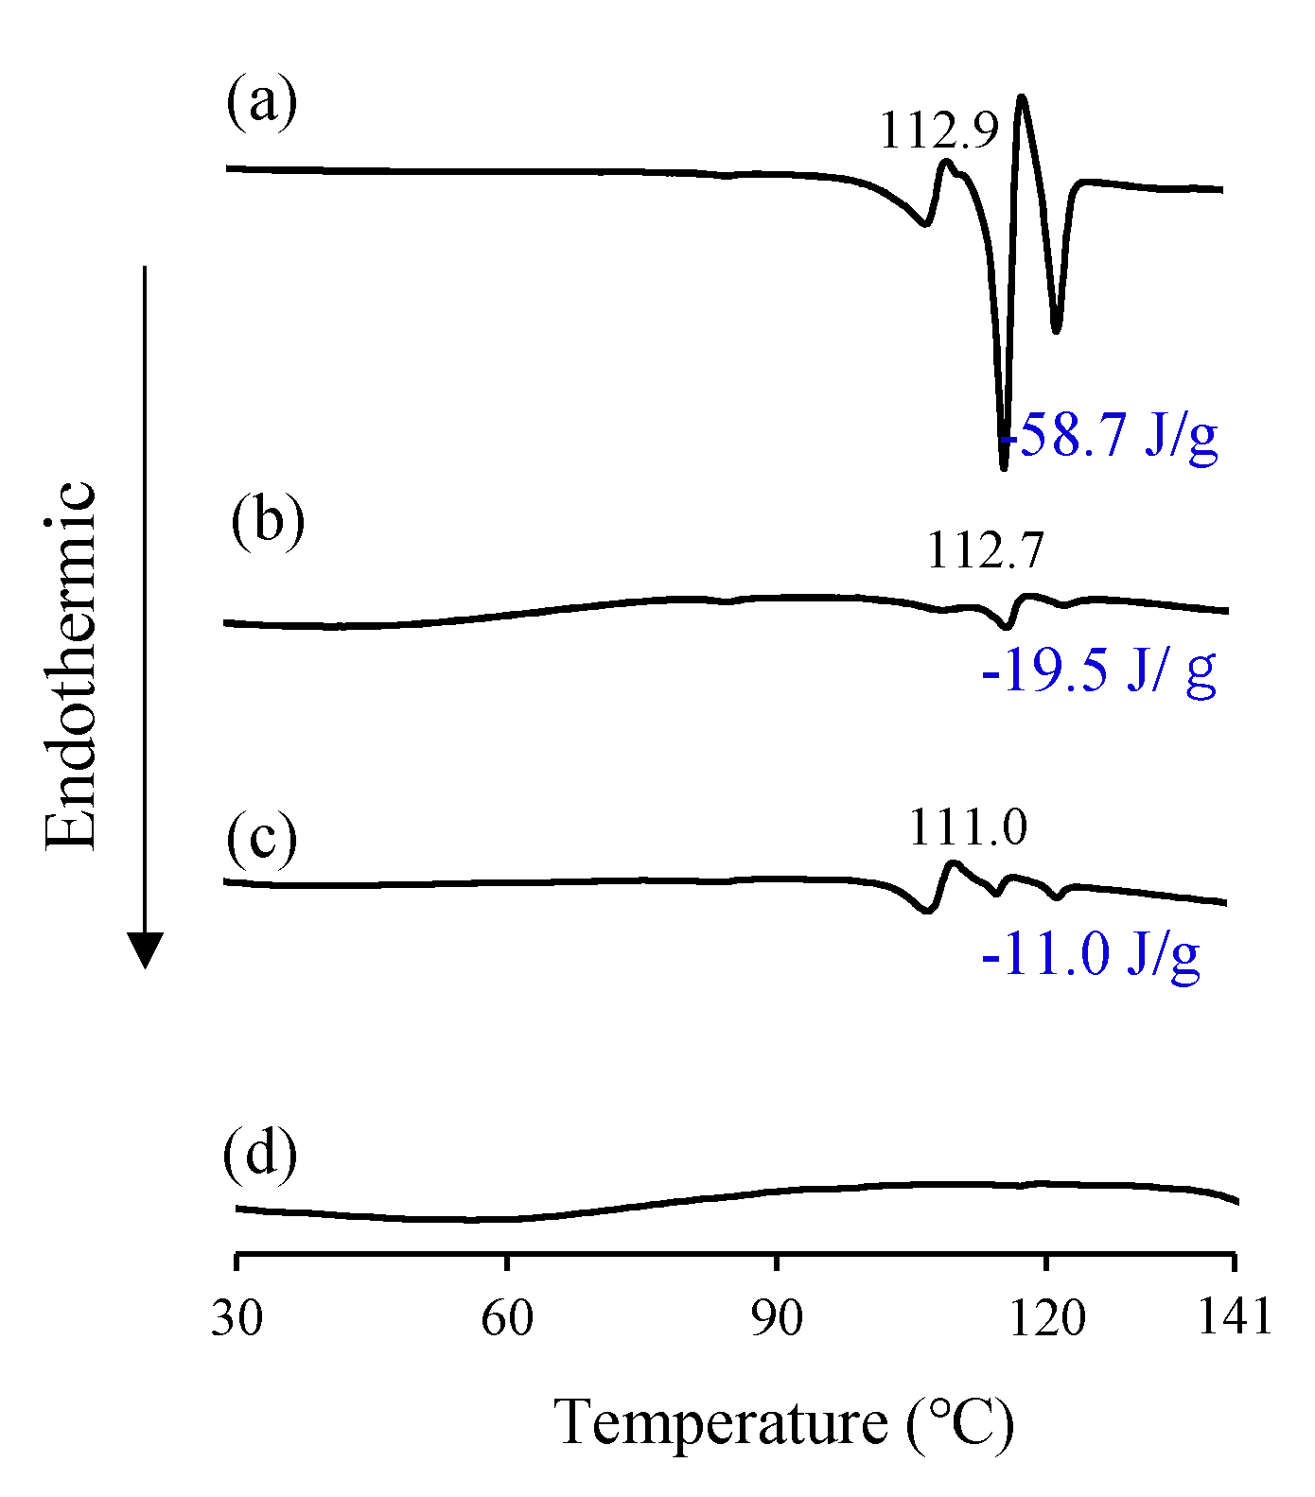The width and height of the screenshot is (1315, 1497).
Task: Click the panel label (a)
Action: [x=262, y=101]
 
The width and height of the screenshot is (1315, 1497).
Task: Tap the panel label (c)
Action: [x=261, y=838]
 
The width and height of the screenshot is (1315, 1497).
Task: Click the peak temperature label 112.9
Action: [x=938, y=131]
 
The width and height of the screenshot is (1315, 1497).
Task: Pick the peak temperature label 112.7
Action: [x=985, y=550]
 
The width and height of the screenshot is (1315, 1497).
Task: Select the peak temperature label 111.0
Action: [x=968, y=827]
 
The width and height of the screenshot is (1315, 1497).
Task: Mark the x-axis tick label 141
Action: [x=1235, y=1316]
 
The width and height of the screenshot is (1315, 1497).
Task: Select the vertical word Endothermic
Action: [x=71, y=666]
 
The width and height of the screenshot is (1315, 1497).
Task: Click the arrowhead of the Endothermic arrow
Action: [x=145, y=949]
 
